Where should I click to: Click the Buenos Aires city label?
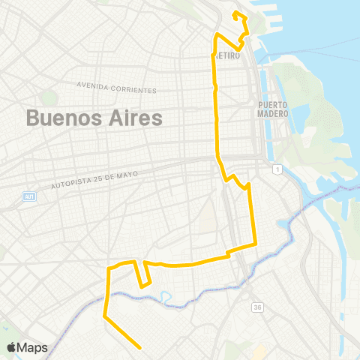(x=94, y=118)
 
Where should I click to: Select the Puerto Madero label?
(x=274, y=109)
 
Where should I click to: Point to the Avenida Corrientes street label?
(x=117, y=87)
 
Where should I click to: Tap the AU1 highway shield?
(x=27, y=196)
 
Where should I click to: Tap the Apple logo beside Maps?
(x=12, y=347)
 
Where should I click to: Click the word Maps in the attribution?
(x=34, y=347)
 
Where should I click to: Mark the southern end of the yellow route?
(x=141, y=347)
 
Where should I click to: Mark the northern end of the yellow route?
(x=235, y=13)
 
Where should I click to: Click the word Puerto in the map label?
(x=274, y=105)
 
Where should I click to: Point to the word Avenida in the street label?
(x=91, y=85)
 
